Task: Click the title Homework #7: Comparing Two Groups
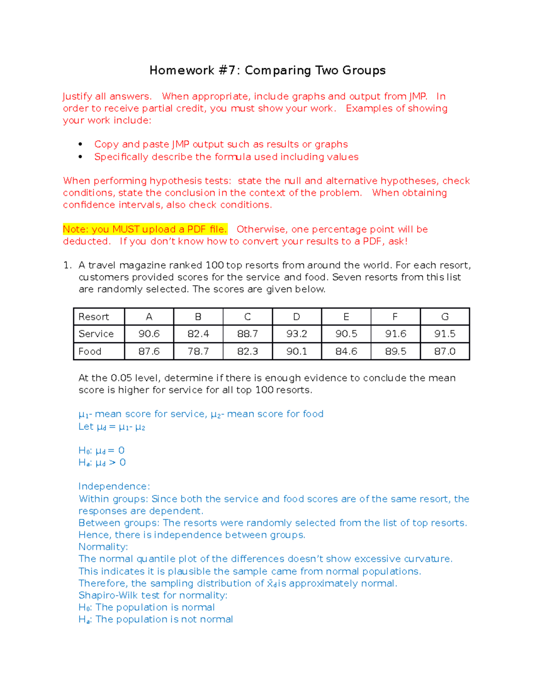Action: point(267,71)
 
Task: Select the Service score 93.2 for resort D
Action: point(296,334)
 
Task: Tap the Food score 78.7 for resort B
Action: point(198,352)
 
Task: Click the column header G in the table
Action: point(444,317)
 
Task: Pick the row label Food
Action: point(90,352)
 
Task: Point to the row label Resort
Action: point(94,317)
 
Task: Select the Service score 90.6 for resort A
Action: point(149,334)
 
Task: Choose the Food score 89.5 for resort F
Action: point(395,352)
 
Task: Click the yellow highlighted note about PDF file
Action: point(145,229)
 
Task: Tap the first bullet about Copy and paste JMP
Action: point(221,145)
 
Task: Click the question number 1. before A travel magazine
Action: point(67,266)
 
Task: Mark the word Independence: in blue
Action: point(114,486)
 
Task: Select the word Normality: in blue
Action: point(103,547)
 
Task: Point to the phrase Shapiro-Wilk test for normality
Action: point(152,595)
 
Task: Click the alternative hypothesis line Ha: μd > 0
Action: point(102,463)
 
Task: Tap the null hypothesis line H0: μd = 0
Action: point(102,451)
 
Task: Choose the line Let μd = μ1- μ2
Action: point(112,427)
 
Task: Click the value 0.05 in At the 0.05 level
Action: point(121,378)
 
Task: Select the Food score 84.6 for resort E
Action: point(346,352)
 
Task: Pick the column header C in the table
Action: point(247,317)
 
